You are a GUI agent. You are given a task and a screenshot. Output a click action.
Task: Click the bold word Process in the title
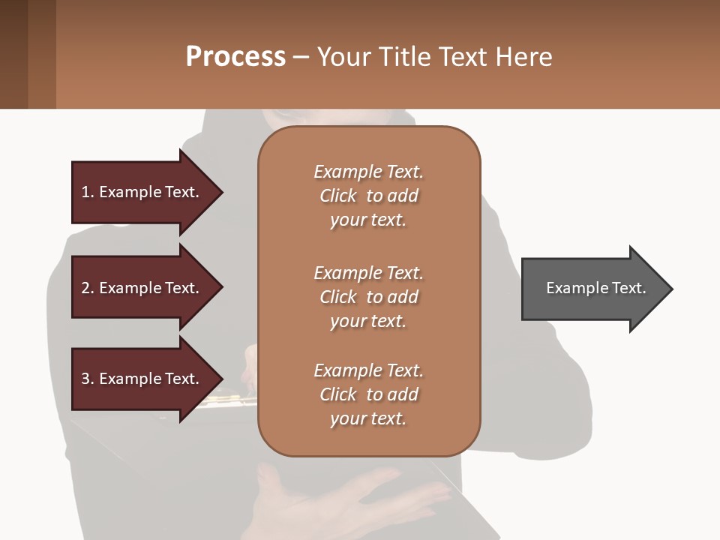(x=235, y=57)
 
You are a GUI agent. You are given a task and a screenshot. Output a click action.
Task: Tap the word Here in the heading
(x=523, y=57)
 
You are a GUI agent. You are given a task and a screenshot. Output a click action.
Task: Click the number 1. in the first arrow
(x=88, y=192)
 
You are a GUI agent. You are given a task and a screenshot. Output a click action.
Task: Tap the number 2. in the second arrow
(x=88, y=288)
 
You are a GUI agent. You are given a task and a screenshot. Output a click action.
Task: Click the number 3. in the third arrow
(x=88, y=379)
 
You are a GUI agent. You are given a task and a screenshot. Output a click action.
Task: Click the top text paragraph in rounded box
(x=368, y=196)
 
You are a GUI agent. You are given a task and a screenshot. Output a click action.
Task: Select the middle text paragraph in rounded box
(x=368, y=297)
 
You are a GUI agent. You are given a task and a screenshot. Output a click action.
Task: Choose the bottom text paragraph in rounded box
(x=368, y=394)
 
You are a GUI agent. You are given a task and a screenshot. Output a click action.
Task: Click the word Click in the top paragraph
(x=338, y=196)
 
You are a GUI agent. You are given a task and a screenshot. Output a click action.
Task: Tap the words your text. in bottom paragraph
(x=368, y=418)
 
